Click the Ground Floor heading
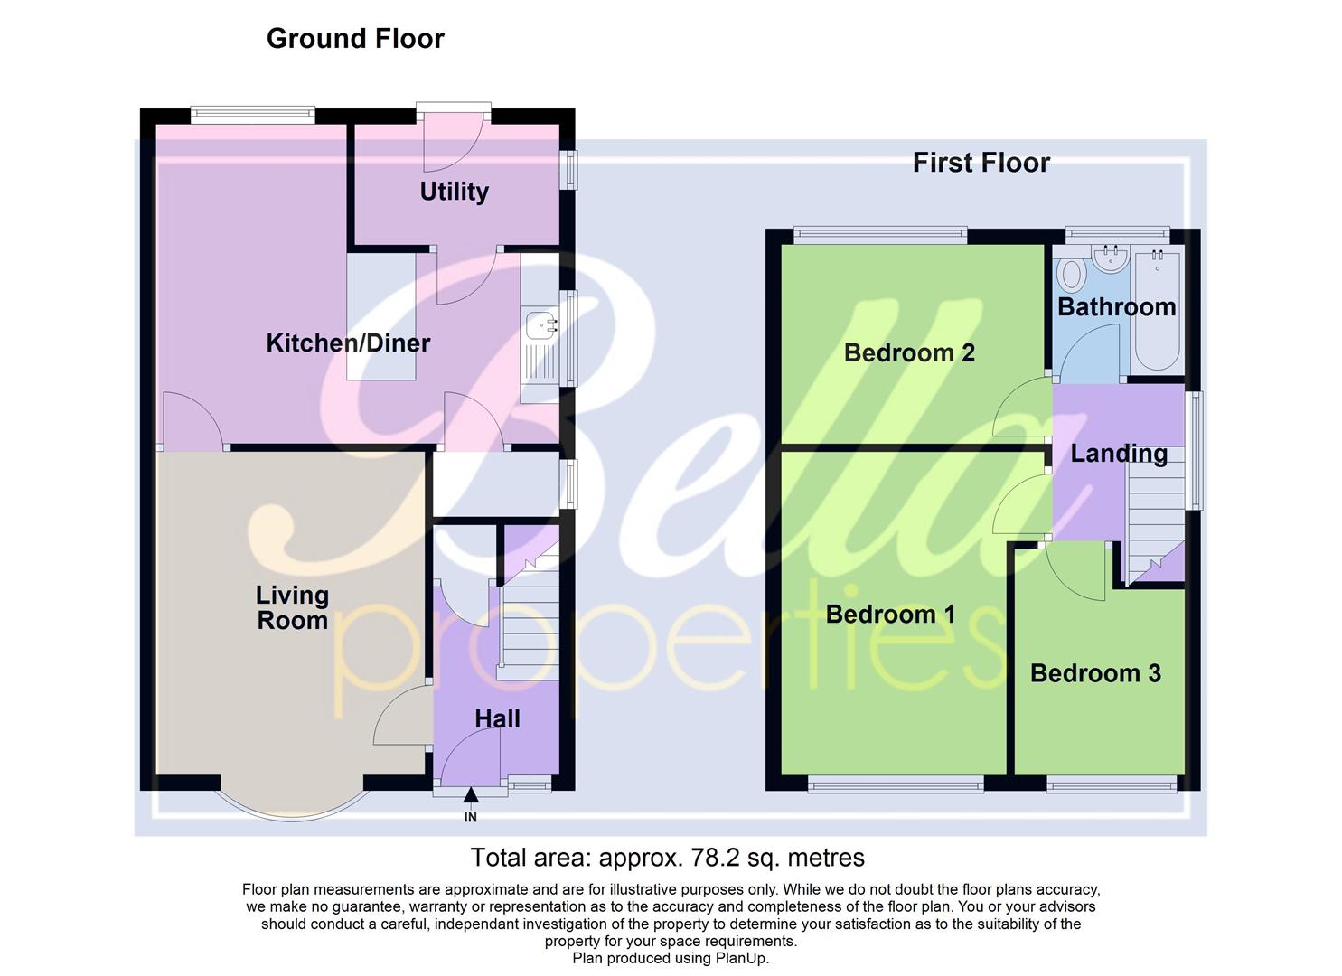(x=355, y=39)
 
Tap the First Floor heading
(x=981, y=163)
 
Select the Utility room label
(x=454, y=192)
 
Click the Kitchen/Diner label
(x=348, y=343)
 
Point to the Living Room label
(x=292, y=607)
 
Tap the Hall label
(x=497, y=718)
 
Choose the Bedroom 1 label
(x=890, y=615)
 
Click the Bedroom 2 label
(x=909, y=352)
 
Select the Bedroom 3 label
(x=1095, y=673)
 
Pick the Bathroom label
(x=1116, y=307)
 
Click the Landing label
(x=1119, y=454)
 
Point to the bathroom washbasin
(x=1111, y=258)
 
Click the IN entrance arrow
(x=470, y=796)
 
